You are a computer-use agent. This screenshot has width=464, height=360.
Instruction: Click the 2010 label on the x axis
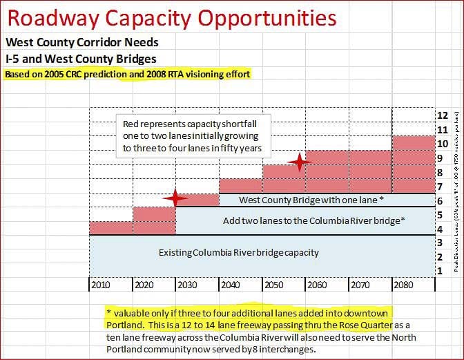pyautogui.click(x=100, y=284)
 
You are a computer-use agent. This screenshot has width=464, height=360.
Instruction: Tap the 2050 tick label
pyautogui.click(x=274, y=284)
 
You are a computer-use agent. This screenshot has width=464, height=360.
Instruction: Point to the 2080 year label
pyautogui.click(x=405, y=284)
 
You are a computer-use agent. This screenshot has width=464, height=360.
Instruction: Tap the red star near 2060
pyautogui.click(x=298, y=163)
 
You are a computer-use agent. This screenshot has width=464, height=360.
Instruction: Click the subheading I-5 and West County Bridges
pyautogui.click(x=81, y=59)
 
